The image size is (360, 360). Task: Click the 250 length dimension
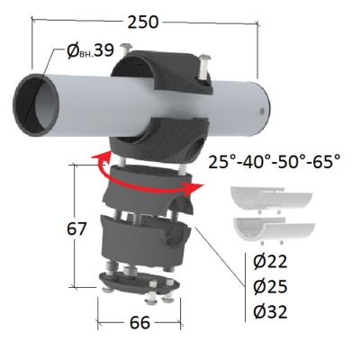143,22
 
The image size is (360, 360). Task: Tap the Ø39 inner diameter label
90,50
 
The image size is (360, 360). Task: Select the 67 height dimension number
76,229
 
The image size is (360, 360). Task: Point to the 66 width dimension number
139,323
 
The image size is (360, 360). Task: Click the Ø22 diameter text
270,262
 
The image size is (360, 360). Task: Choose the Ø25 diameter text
270,287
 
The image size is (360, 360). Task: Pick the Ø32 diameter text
270,312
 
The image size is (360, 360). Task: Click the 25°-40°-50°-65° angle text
274,162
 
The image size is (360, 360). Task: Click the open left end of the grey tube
36,104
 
